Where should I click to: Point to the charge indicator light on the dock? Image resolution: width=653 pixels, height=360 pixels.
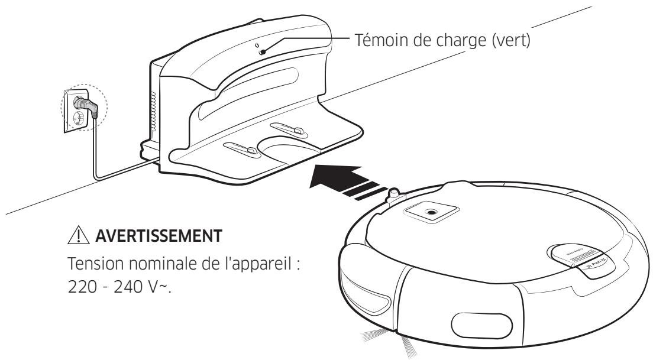[261, 53]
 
